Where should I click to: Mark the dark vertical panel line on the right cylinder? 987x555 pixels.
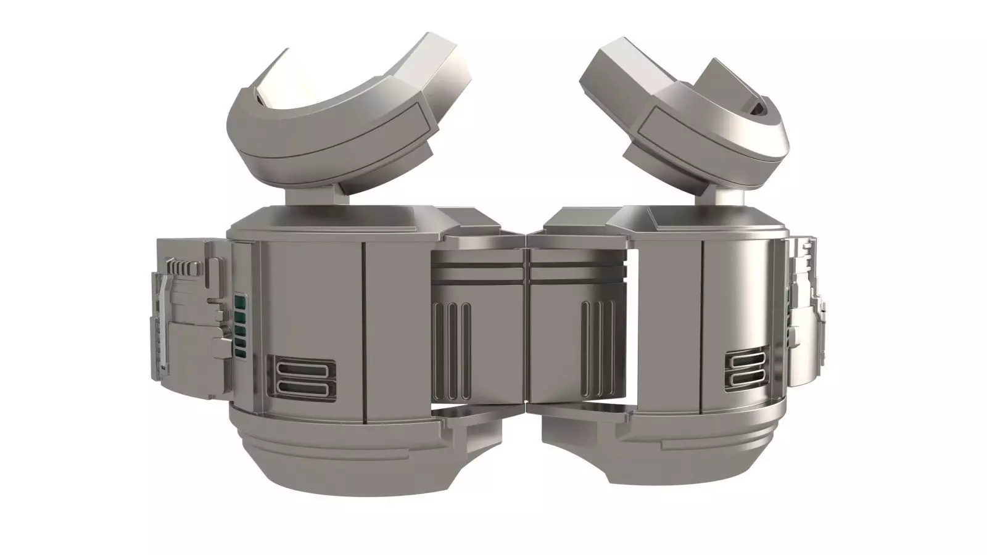703,327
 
